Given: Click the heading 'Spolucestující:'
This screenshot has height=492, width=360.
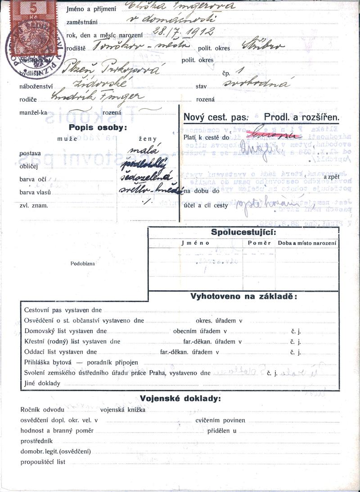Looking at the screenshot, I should click(x=244, y=233).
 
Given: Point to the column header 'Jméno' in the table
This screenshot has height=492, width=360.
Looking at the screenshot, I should click(x=196, y=243).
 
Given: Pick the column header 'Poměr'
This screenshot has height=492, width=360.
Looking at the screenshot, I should click(x=259, y=243).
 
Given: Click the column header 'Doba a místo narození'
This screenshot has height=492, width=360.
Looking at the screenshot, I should click(x=307, y=243).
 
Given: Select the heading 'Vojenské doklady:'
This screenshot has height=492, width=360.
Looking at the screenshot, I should click(x=180, y=398).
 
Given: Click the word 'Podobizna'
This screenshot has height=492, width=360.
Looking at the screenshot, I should click(x=83, y=264).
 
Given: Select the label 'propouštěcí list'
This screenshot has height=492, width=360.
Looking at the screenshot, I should click(x=43, y=462).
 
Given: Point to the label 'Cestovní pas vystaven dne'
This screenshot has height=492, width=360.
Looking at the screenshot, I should click(x=63, y=310).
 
